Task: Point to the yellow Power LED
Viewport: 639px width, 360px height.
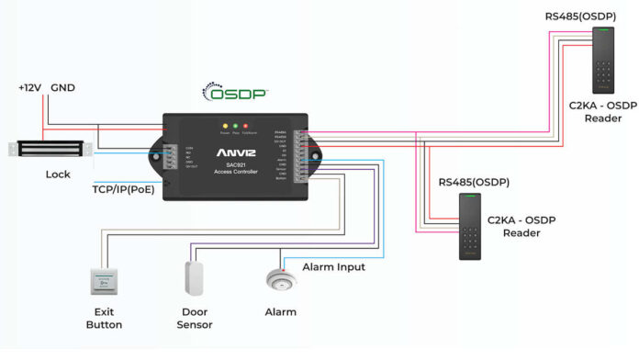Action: [x=225, y=126]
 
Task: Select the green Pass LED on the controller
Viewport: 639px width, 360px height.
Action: [x=236, y=126]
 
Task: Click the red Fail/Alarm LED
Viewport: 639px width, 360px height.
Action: [x=247, y=126]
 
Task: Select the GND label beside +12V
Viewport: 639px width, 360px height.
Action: [x=63, y=88]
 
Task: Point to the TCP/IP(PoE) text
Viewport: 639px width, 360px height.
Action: [x=122, y=190]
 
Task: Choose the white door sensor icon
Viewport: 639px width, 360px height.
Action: [x=194, y=277]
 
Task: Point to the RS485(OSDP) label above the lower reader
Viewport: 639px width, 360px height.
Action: [x=474, y=182]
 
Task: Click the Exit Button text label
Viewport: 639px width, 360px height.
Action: [x=103, y=319]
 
